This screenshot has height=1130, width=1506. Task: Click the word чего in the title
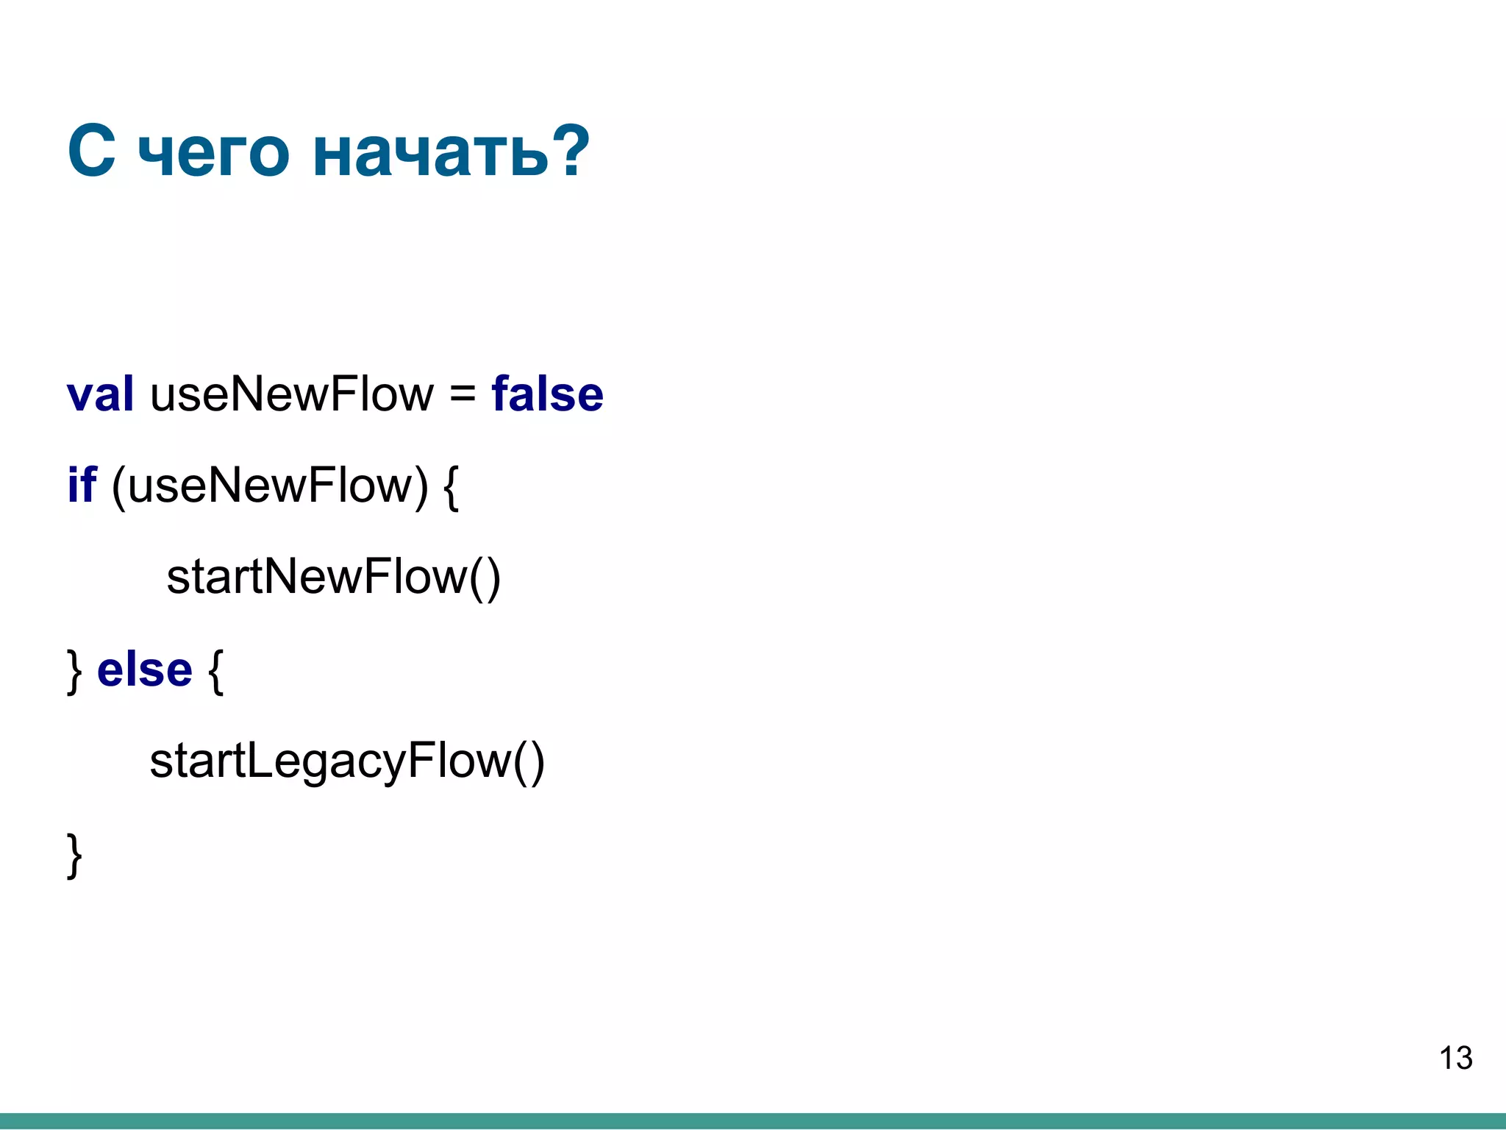[x=213, y=153]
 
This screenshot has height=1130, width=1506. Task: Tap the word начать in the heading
[x=430, y=153]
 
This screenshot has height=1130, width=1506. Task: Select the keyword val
[x=100, y=394]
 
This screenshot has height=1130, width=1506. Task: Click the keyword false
[x=547, y=394]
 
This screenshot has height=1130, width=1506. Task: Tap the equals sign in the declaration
[x=463, y=396]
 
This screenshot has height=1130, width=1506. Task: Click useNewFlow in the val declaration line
[x=292, y=394]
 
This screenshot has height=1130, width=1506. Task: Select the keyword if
[x=82, y=486]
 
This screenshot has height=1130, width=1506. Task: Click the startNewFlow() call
[x=333, y=578]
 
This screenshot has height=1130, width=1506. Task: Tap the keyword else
[x=145, y=670]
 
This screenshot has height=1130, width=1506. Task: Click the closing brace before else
[x=74, y=671]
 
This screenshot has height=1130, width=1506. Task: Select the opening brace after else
[x=215, y=671]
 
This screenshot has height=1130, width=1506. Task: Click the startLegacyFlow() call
[x=346, y=761]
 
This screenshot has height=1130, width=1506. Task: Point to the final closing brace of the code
[x=74, y=855]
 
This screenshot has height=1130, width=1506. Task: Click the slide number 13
[x=1455, y=1059]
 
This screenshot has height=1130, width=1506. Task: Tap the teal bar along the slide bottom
[x=753, y=1121]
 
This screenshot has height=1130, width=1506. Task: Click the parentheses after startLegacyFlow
[x=529, y=762]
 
